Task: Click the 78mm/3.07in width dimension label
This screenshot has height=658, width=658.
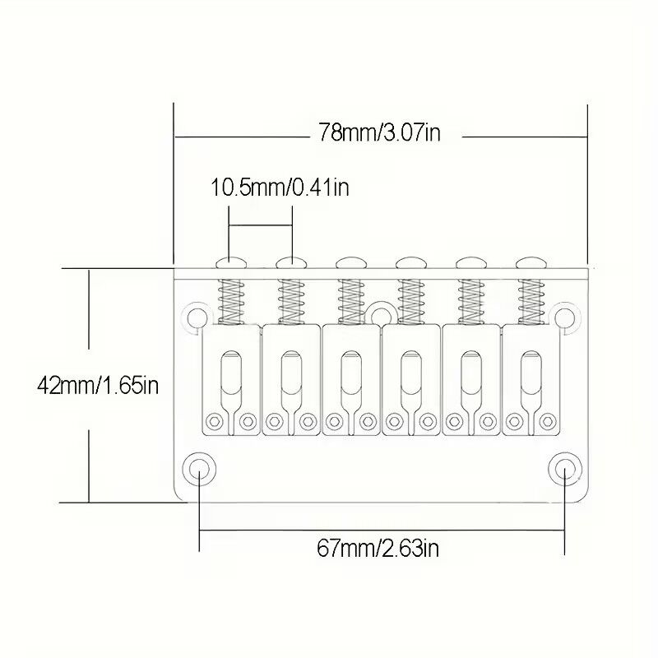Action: [x=380, y=133]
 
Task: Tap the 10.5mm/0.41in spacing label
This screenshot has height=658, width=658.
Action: [x=280, y=188]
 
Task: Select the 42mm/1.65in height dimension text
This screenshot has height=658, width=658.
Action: [x=98, y=384]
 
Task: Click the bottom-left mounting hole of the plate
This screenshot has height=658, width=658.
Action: [x=198, y=469]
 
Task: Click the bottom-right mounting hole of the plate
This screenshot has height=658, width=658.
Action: [x=564, y=469]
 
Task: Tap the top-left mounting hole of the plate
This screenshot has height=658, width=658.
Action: [x=196, y=317]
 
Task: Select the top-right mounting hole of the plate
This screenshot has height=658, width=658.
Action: [x=565, y=317]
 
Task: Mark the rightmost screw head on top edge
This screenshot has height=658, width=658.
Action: [x=528, y=263]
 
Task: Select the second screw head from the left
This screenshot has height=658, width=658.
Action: [x=290, y=263]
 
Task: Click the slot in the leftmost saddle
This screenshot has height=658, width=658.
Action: [x=231, y=374]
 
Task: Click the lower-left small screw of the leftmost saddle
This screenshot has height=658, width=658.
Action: [x=217, y=421]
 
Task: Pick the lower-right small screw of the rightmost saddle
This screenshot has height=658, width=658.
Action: [x=546, y=421]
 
